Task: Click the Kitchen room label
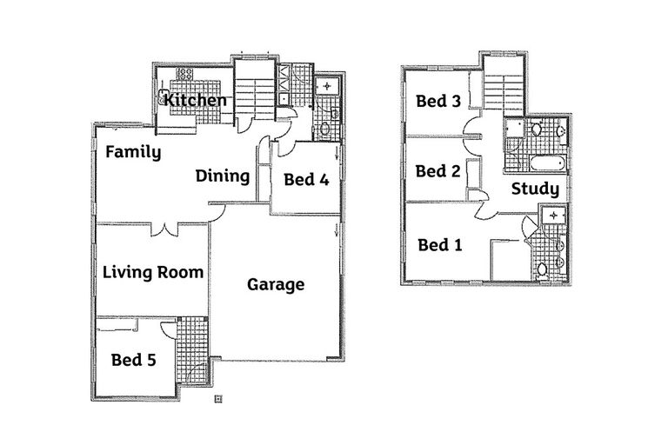pyautogui.click(x=195, y=101)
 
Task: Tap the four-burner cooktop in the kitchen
pyautogui.click(x=184, y=74)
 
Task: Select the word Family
pyautogui.click(x=133, y=152)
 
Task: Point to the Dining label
pyautogui.click(x=223, y=176)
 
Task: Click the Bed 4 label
pyautogui.click(x=306, y=180)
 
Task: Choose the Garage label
pyautogui.click(x=276, y=284)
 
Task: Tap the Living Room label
pyautogui.click(x=153, y=273)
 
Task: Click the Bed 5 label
pyautogui.click(x=133, y=360)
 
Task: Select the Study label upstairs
pyautogui.click(x=535, y=189)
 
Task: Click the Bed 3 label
pyautogui.click(x=438, y=102)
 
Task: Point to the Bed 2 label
pyautogui.click(x=438, y=171)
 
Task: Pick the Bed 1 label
pyautogui.click(x=440, y=245)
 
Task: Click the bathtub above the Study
pyautogui.click(x=548, y=163)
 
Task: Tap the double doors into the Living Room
pyautogui.click(x=164, y=229)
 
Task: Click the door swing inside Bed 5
pyautogui.click(x=169, y=329)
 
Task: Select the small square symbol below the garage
pyautogui.click(x=218, y=399)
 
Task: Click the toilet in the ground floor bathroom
pyautogui.click(x=325, y=129)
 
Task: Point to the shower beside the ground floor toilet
pyautogui.click(x=327, y=86)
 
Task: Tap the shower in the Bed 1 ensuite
pyautogui.click(x=553, y=216)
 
